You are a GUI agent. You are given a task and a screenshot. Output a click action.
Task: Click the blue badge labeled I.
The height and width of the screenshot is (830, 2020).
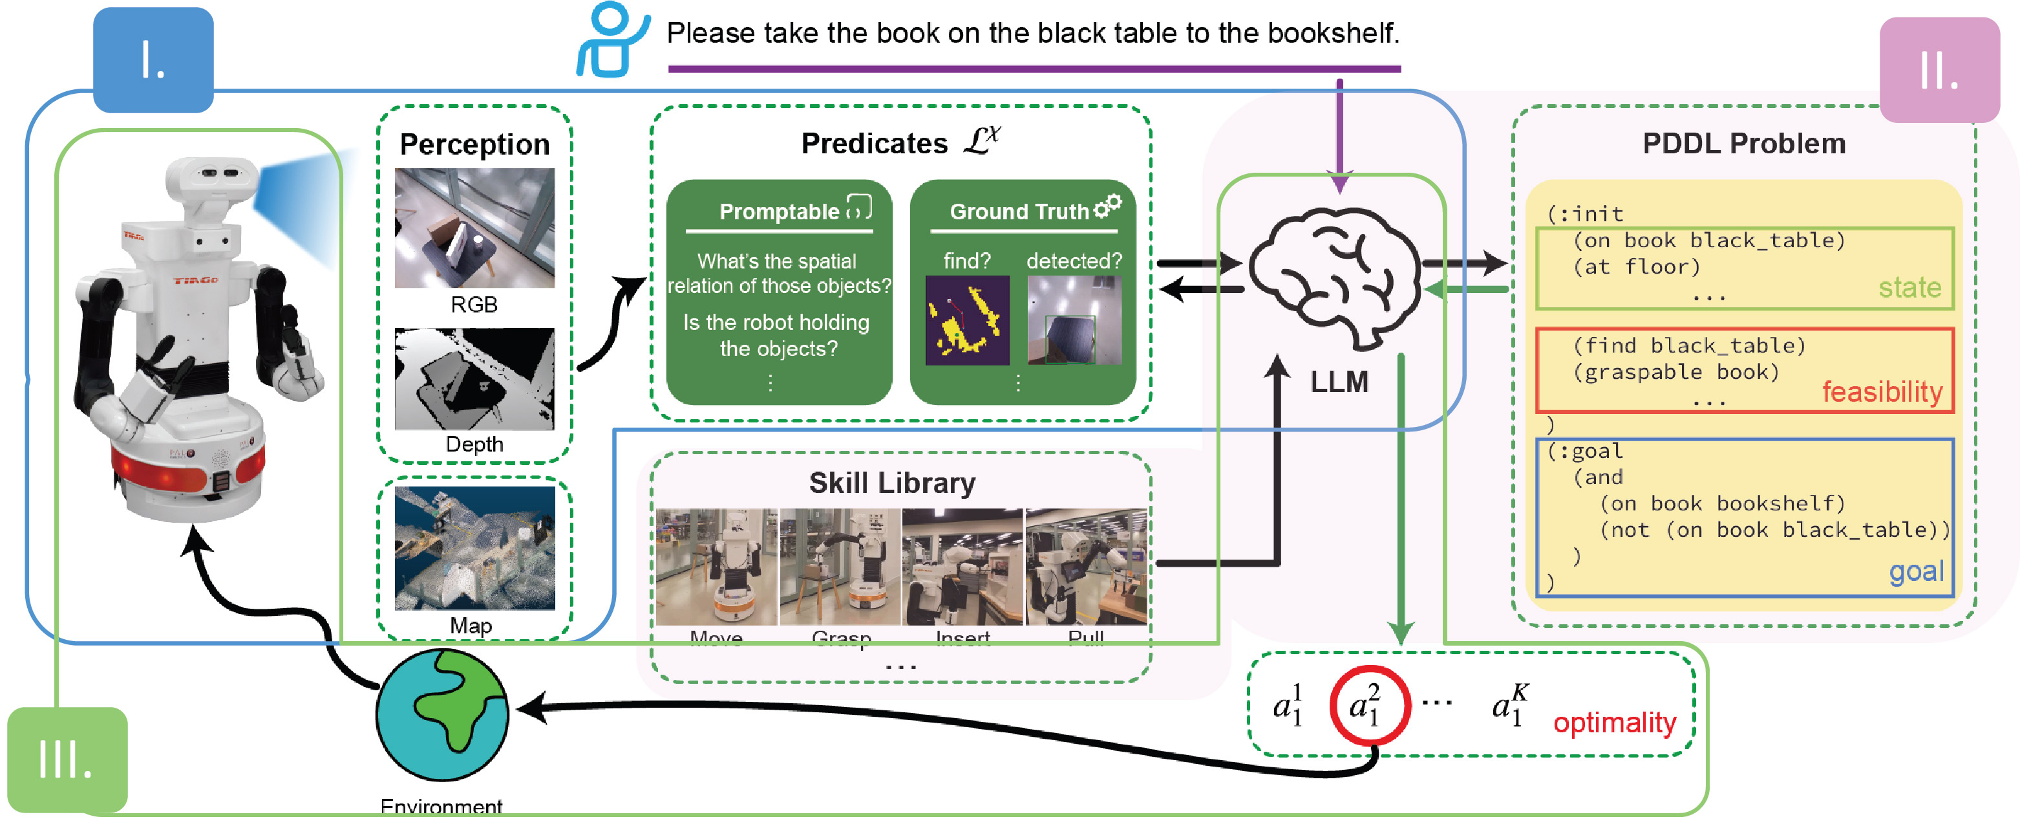pyautogui.click(x=153, y=60)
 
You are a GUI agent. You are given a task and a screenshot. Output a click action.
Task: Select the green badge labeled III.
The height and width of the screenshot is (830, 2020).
pyautogui.click(x=67, y=759)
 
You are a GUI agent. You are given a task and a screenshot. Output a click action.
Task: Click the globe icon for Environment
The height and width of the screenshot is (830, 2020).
pyautogui.click(x=442, y=714)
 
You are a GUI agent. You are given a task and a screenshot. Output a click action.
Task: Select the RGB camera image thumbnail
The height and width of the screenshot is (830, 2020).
pyautogui.click(x=474, y=228)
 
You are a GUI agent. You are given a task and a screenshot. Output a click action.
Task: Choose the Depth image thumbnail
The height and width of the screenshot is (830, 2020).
pyautogui.click(x=474, y=379)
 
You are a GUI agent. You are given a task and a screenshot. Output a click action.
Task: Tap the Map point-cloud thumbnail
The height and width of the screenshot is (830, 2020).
pyautogui.click(x=474, y=547)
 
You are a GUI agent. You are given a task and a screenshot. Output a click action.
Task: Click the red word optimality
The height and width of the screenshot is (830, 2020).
pyautogui.click(x=1614, y=722)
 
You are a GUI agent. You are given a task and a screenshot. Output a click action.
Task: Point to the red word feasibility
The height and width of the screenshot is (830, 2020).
pyautogui.click(x=1881, y=391)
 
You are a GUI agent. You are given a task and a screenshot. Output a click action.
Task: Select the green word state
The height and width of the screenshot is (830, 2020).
pyautogui.click(x=1909, y=287)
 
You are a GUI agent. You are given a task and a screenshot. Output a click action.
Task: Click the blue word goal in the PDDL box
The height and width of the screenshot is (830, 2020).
pyautogui.click(x=1916, y=571)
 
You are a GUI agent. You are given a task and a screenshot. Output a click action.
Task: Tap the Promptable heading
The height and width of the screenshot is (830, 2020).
pyautogui.click(x=779, y=212)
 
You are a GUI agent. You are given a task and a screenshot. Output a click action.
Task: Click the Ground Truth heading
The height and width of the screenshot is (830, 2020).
pyautogui.click(x=1019, y=212)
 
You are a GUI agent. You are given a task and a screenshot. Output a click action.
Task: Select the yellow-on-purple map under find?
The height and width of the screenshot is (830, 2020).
pyautogui.click(x=967, y=320)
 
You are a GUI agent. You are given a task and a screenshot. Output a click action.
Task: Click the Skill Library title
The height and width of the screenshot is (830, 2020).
pyautogui.click(x=891, y=483)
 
